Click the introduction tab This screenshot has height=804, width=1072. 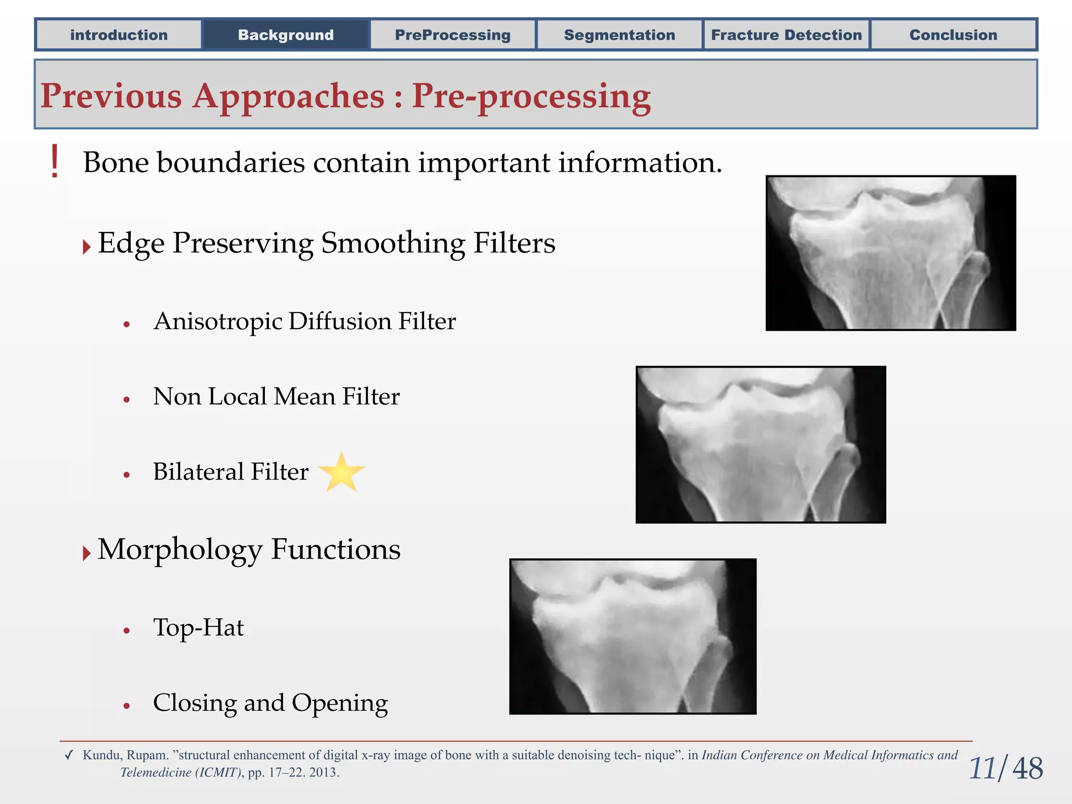click(x=119, y=35)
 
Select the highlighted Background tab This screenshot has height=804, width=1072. click(x=286, y=35)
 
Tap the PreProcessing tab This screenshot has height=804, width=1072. click(x=453, y=35)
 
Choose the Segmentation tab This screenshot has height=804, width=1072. click(x=619, y=35)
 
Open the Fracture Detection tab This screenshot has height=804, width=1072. click(x=786, y=35)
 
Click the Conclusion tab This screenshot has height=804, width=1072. click(x=953, y=35)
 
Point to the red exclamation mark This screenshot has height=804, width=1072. click(x=54, y=162)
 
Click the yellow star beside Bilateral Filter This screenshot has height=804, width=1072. click(x=342, y=473)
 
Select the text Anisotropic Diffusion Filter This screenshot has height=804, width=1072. click(x=304, y=321)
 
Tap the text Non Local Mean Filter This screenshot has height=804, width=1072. click(x=276, y=397)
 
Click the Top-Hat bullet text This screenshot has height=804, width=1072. click(x=198, y=628)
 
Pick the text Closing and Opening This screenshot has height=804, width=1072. click(x=270, y=703)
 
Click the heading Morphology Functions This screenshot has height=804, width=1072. click(x=249, y=550)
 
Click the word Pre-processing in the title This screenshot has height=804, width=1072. click(x=531, y=97)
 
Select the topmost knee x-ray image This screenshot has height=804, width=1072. click(x=890, y=253)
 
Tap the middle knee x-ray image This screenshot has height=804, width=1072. click(x=761, y=444)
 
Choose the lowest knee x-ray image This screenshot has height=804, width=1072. click(x=632, y=636)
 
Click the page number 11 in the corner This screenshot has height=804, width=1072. click(x=982, y=768)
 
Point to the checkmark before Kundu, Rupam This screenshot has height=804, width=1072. click(x=69, y=755)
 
